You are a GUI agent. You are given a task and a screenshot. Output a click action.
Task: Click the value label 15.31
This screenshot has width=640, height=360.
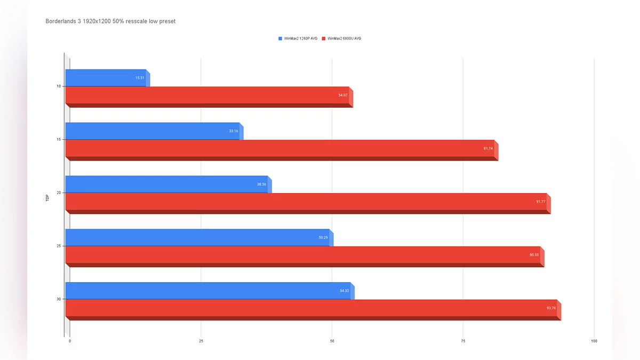tap(140, 78)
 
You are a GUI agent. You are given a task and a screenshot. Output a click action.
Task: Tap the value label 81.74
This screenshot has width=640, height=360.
tap(488, 148)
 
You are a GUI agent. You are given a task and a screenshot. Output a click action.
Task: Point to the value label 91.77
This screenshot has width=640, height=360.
tap(541, 202)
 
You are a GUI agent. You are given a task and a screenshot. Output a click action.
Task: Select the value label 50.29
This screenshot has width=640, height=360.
tap(323, 237)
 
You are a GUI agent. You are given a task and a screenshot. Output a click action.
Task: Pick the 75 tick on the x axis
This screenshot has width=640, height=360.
tap(463, 341)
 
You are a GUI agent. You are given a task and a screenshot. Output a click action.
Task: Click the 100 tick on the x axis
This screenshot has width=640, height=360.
tap(594, 341)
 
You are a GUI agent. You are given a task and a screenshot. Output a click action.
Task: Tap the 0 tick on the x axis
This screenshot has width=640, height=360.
tap(70, 341)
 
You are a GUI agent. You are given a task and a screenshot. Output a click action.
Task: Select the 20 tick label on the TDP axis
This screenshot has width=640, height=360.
tap(59, 193)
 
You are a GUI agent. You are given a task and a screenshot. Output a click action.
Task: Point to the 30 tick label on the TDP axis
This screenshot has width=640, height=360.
tap(59, 299)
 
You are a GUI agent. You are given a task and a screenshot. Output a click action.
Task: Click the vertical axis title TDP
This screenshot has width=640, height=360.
tap(47, 197)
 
